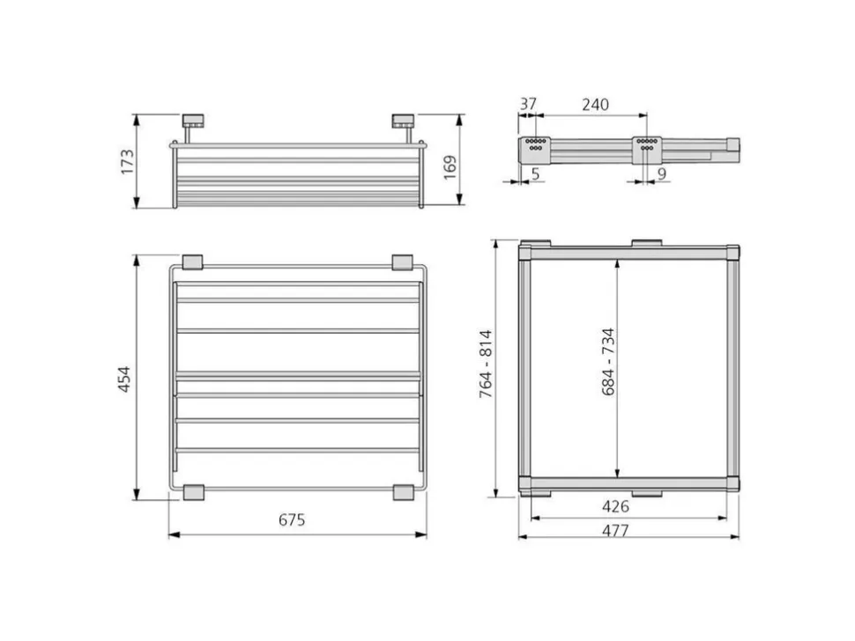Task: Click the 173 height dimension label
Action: click(127, 161)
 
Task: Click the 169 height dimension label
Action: click(450, 168)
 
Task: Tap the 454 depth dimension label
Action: click(124, 379)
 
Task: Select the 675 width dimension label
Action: click(292, 520)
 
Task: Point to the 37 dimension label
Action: click(528, 104)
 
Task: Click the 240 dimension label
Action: click(595, 104)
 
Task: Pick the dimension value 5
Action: click(535, 173)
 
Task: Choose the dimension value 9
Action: click(661, 173)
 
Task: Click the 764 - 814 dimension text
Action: click(486, 364)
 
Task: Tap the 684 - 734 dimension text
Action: click(608, 362)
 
